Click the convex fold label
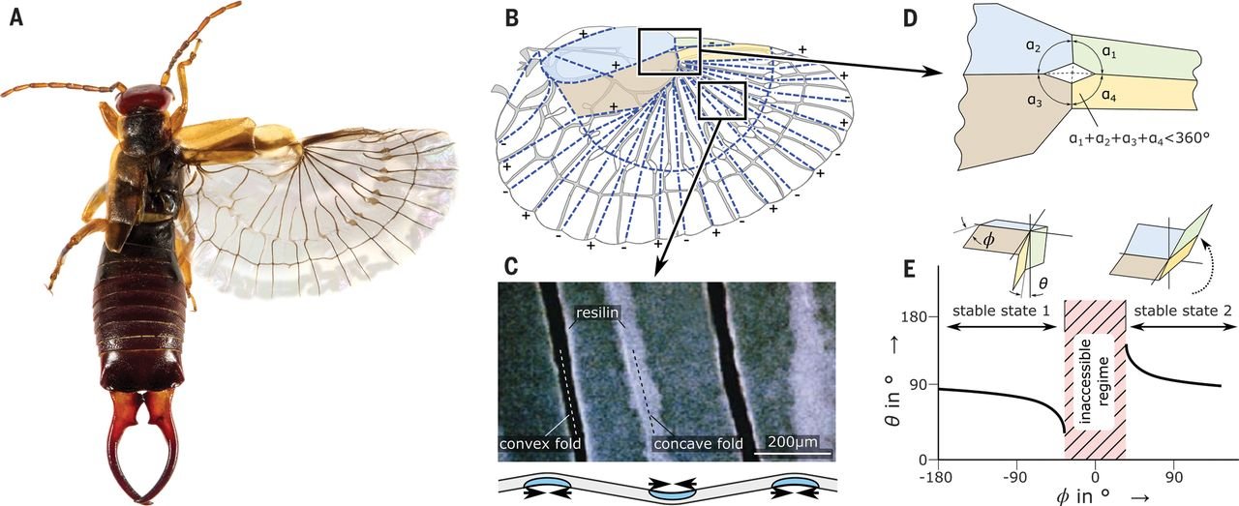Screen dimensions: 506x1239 [538, 444]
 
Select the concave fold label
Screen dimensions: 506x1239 [698, 444]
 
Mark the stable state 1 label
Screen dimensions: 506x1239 [1004, 311]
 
